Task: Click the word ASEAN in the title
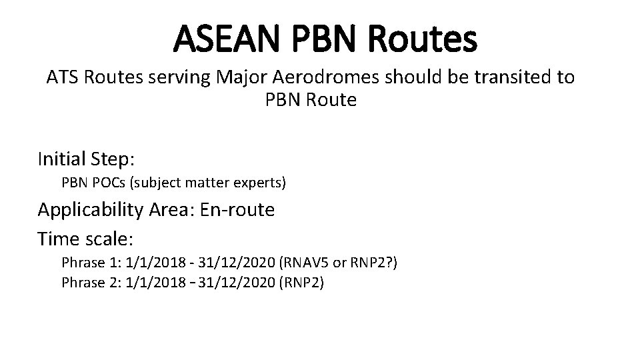[226, 39]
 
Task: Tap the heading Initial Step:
[87, 159]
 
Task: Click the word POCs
[109, 183]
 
